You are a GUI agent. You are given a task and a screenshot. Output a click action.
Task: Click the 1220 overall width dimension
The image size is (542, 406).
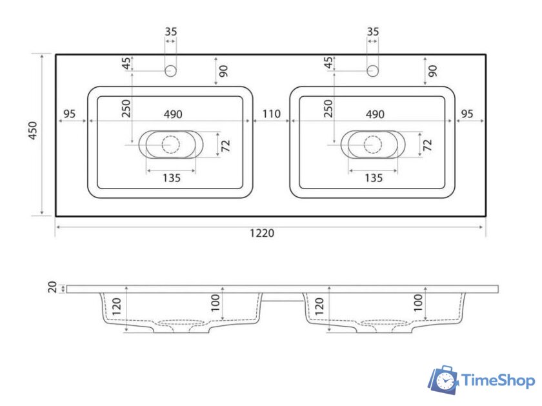[262, 233]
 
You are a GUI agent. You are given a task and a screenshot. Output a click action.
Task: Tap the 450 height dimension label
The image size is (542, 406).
[33, 130]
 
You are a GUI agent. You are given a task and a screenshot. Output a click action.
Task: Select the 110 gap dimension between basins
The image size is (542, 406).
[272, 114]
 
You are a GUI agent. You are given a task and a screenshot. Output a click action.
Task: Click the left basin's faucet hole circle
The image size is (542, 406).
[170, 71]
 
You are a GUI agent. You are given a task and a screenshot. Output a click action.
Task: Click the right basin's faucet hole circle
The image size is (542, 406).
[372, 71]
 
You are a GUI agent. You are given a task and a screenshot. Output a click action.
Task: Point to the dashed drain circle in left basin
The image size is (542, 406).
[171, 145]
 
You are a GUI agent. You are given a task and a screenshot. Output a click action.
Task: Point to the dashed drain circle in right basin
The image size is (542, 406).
[373, 145]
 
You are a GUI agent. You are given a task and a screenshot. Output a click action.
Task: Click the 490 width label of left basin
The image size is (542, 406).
[173, 114]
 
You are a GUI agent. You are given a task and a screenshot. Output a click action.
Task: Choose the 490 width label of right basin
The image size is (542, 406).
[375, 114]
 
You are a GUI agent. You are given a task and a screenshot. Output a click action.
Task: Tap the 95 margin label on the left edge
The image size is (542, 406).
[70, 114]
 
